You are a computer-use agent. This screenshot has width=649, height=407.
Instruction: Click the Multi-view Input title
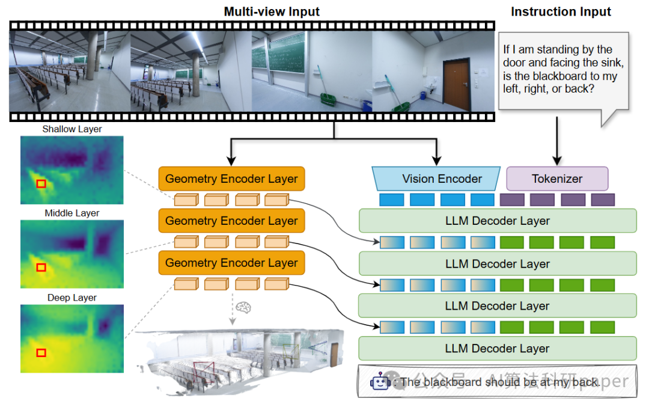coord(272,11)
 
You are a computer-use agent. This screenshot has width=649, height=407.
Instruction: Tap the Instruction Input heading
coord(561,11)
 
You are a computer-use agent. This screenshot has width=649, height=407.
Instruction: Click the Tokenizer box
coord(557,179)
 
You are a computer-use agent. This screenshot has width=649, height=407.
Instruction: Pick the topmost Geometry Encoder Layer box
coord(231,179)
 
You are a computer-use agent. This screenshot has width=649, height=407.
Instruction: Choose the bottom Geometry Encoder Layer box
coord(231,263)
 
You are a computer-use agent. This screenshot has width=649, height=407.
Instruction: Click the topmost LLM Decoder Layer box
coord(497,221)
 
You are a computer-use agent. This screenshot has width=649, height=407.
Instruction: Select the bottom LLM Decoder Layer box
coord(497,348)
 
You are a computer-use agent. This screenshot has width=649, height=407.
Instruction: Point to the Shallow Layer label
coord(72,129)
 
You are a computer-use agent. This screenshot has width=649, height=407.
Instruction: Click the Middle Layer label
coord(72,213)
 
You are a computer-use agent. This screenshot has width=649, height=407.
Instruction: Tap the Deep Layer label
coord(72,298)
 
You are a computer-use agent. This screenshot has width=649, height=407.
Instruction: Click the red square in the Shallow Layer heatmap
coord(41,183)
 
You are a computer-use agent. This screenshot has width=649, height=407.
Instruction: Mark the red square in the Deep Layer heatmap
coord(41,352)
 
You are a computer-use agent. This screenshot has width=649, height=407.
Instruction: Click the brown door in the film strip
coord(455,84)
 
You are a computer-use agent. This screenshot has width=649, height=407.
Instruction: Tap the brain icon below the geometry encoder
coord(243,307)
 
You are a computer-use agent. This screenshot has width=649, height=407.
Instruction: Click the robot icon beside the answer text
coord(380,382)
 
